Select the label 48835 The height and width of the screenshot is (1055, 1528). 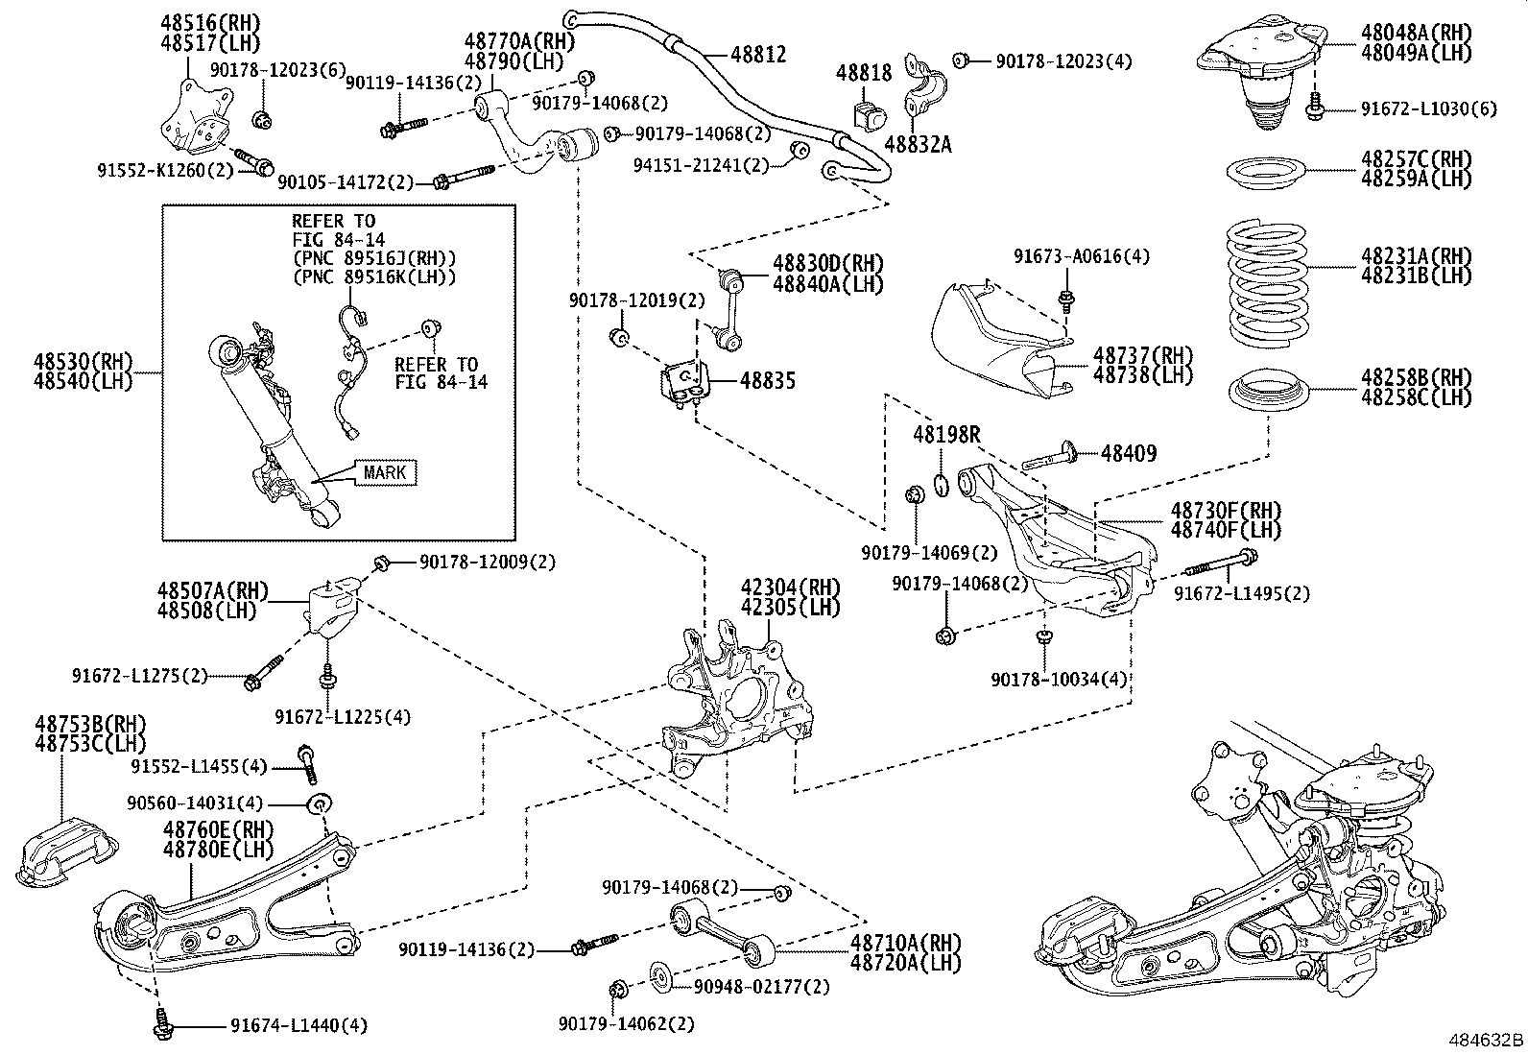[x=767, y=381]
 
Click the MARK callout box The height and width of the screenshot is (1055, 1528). [x=384, y=472]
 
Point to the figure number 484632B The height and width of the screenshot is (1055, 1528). [x=1486, y=1040]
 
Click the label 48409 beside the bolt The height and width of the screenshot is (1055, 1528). [x=1128, y=452]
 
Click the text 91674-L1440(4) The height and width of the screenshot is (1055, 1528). [x=298, y=1025]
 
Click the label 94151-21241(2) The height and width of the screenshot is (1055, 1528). [x=702, y=164]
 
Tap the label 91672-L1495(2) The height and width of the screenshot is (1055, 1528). [x=1242, y=593]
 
